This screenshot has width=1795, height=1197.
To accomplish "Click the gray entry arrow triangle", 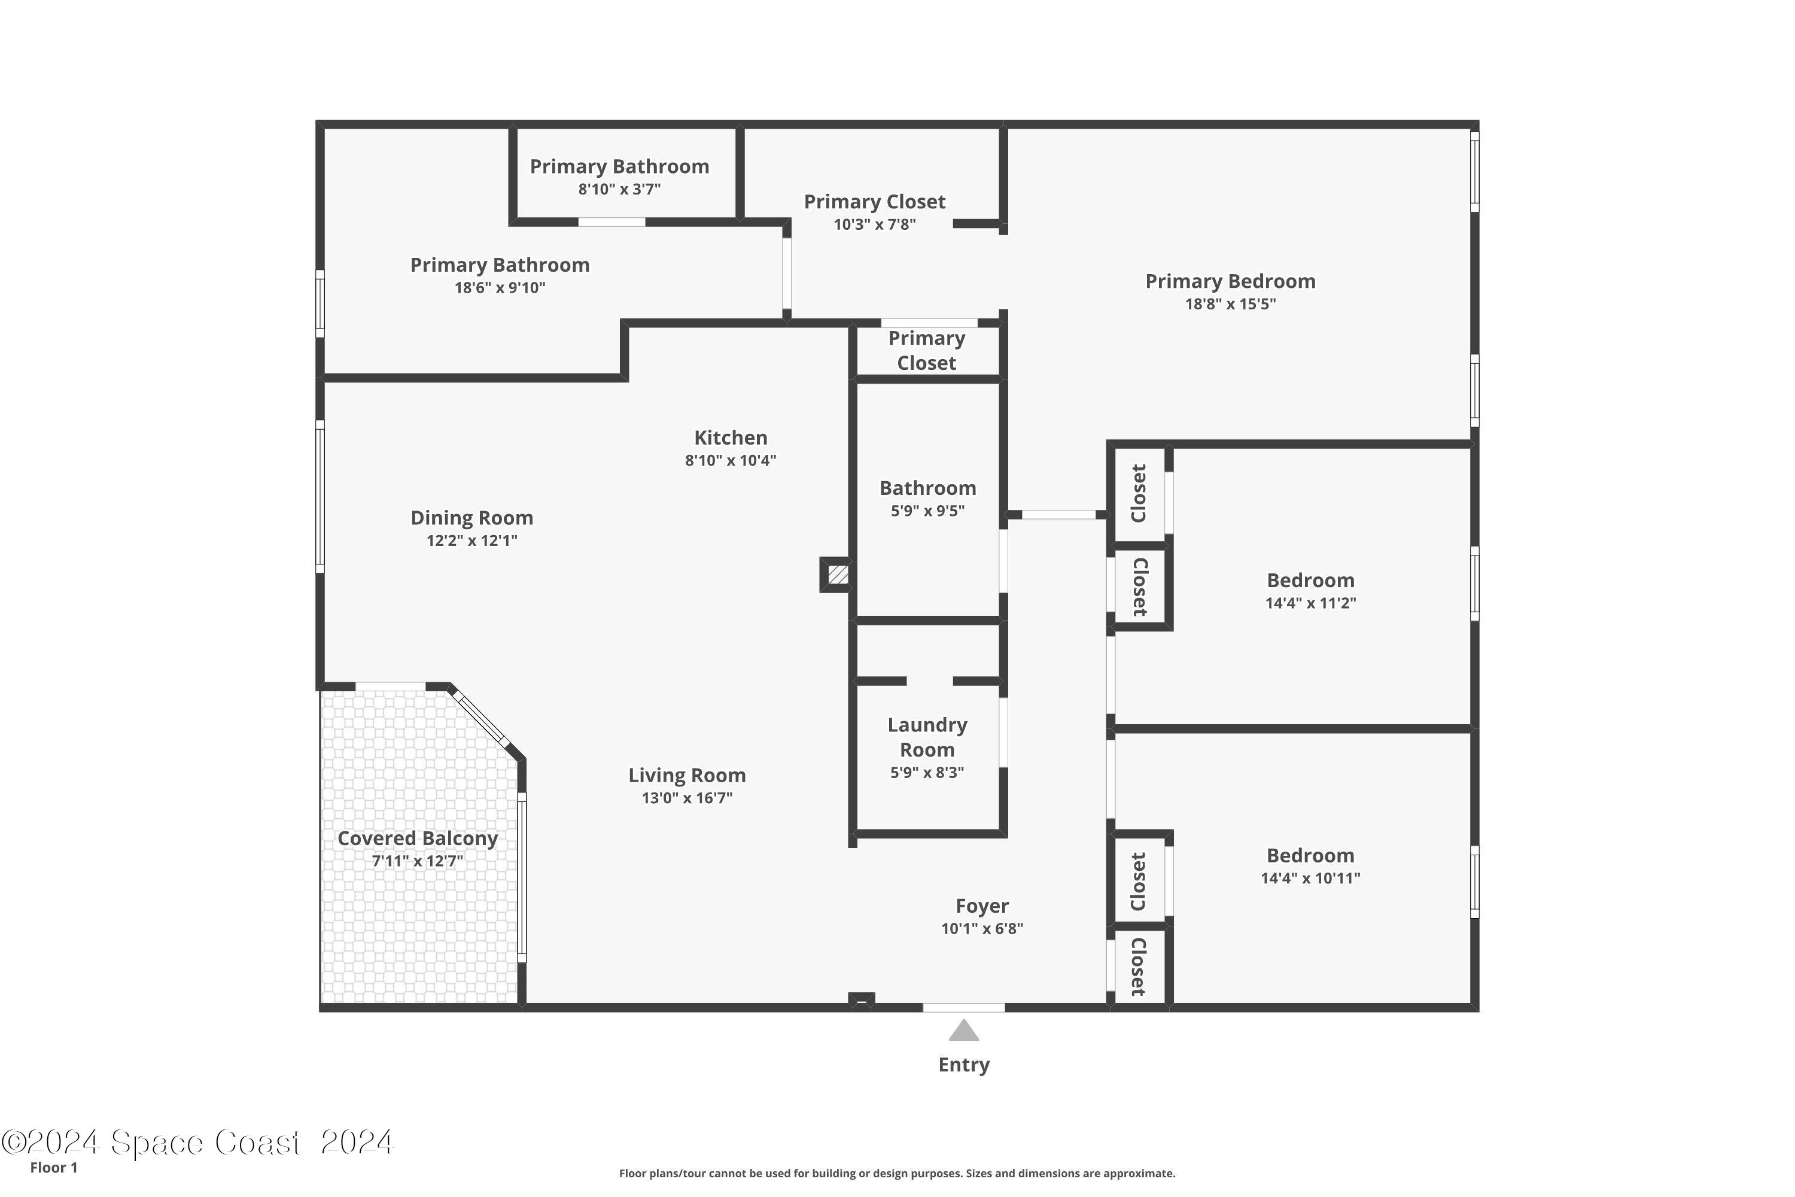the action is click(964, 1031).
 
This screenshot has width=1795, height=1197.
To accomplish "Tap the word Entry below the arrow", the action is click(964, 1065).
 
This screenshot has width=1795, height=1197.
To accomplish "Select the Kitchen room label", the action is click(731, 438).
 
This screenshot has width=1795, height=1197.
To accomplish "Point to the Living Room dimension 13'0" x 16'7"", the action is click(687, 798).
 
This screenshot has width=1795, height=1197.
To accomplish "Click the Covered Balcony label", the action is click(418, 838).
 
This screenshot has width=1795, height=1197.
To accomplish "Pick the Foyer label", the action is click(982, 906).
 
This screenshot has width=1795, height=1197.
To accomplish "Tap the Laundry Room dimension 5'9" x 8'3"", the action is click(927, 773).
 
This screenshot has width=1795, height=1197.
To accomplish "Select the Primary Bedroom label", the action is click(1230, 281).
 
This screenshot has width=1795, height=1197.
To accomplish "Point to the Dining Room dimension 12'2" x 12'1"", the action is click(471, 540).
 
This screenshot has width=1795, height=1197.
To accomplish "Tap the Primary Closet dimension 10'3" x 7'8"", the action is click(875, 224).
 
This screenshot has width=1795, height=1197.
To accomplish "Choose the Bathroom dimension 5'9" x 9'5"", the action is click(927, 511).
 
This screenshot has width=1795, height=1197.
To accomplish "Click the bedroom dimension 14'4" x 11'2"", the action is click(1310, 603).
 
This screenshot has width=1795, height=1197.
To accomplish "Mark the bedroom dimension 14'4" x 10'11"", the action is click(1310, 878).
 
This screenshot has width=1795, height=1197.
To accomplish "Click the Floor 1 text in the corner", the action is click(53, 1167).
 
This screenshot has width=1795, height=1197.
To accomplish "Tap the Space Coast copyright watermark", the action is click(197, 1142).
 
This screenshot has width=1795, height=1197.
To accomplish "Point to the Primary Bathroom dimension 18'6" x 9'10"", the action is click(500, 288).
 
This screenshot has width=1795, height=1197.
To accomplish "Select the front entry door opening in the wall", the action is click(964, 1008).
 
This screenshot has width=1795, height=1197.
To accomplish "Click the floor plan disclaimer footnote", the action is click(897, 1173).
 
